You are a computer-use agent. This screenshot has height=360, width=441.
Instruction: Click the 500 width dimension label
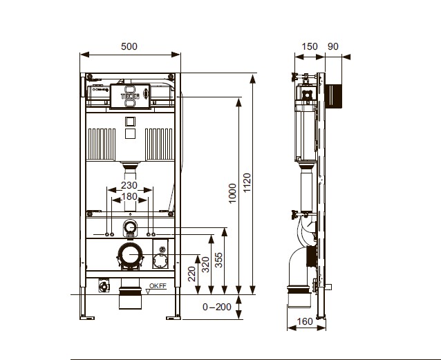coord(129,46)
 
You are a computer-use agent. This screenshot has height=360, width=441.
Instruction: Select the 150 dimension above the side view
coord(310,46)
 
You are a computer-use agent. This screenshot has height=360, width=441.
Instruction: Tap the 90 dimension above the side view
coord(333,46)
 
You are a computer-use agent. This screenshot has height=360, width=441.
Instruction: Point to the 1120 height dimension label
coord(247,183)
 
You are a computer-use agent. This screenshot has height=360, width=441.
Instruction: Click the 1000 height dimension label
coord(232,193)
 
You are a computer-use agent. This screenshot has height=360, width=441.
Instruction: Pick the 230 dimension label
coord(129,185)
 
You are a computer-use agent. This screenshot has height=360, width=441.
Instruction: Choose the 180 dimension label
coord(129,196)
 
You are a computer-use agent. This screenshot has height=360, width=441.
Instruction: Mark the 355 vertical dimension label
coord(218,260)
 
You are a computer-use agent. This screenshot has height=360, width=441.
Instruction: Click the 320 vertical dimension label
coord(205,265)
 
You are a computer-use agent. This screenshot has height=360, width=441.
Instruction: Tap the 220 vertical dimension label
coord(191,274)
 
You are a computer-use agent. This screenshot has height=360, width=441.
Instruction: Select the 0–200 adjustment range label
coord(217,307)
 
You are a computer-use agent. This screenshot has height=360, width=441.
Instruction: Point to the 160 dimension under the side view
coord(305,321)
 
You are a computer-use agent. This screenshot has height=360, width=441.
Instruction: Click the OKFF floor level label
coord(158,286)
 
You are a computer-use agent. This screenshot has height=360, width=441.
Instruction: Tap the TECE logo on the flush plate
coord(130,96)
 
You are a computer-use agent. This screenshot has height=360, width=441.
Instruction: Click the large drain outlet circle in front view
coord(130,254)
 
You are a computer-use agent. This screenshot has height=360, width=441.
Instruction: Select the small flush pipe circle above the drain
coord(130,227)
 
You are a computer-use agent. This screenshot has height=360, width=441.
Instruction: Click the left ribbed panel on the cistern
coord(102,144)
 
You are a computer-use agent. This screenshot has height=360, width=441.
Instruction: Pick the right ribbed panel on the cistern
coord(159,144)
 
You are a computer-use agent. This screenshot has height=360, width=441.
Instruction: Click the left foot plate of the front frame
coord(87,318)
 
